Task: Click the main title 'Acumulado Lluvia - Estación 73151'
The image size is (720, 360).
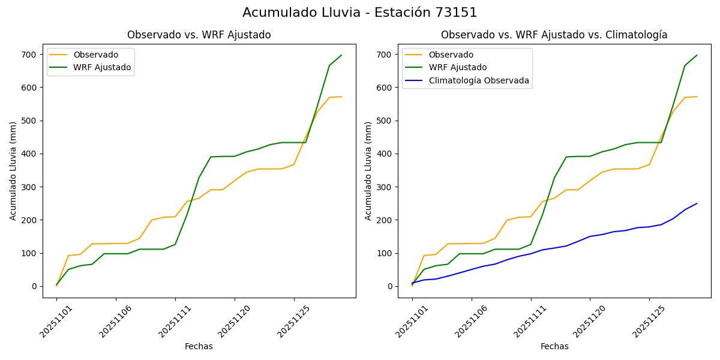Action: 360,13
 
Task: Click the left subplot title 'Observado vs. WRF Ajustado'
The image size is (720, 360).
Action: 199,35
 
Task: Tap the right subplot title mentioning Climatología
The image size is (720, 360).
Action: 554,35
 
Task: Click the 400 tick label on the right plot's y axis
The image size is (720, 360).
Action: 386,154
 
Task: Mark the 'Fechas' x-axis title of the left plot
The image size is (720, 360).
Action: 199,346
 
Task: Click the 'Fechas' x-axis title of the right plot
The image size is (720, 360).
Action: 554,346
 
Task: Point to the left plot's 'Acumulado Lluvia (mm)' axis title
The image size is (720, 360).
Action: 13,170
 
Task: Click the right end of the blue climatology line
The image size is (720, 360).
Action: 697,203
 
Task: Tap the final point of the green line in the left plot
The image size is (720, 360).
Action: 341,55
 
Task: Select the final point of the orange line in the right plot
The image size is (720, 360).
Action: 697,97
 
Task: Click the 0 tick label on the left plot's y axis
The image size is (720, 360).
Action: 35,286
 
